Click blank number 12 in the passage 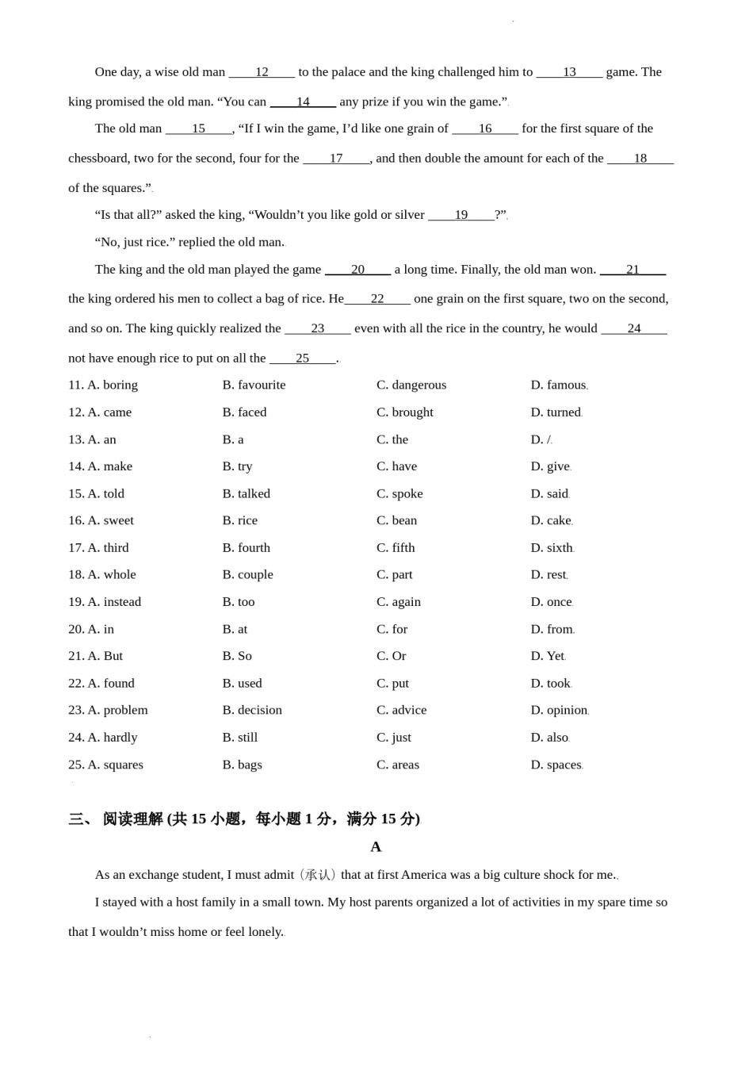coord(262,72)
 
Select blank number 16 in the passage coord(485,128)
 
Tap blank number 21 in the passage coord(633,270)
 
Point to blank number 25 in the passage coord(303,359)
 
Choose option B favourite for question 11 coord(254,385)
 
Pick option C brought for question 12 coord(405,412)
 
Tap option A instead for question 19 coord(114,602)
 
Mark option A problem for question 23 coord(117,710)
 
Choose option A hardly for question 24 coord(112,738)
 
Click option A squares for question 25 coord(115,765)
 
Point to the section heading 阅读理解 coord(132,819)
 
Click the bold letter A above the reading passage coord(376,847)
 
